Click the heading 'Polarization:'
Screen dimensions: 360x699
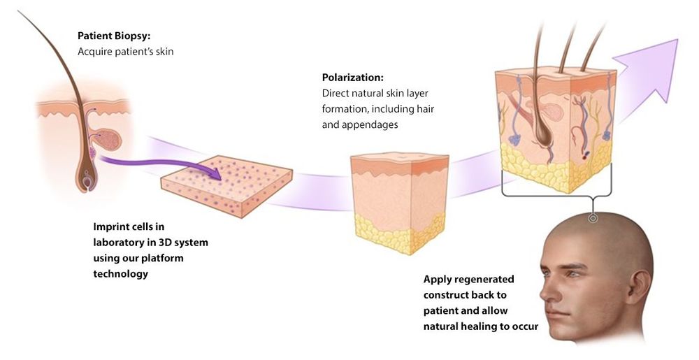pos(352,77)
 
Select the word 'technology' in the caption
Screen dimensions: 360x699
pos(121,274)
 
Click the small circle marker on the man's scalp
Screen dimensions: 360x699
pos(593,218)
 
